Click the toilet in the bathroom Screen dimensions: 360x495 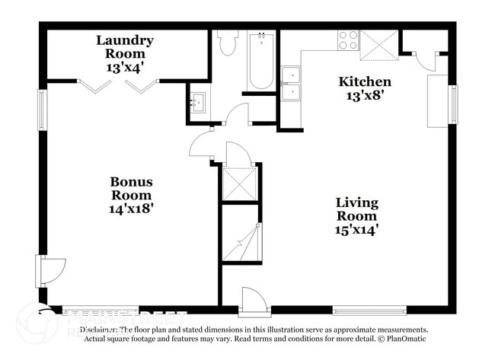(228, 44)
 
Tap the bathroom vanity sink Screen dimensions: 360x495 (199, 103)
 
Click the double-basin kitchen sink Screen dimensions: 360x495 (290, 84)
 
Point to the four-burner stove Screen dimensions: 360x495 (348, 40)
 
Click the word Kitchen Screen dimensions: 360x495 (365, 81)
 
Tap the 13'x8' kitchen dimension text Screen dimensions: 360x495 (365, 96)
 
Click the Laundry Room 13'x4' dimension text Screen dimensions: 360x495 (125, 67)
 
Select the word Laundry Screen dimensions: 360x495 (125, 40)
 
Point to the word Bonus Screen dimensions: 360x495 (131, 181)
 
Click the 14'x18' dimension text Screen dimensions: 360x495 (131, 208)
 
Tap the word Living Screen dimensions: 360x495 (356, 202)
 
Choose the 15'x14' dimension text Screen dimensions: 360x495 (356, 228)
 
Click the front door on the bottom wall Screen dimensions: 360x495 (254, 303)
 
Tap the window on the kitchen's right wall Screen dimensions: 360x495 (453, 104)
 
